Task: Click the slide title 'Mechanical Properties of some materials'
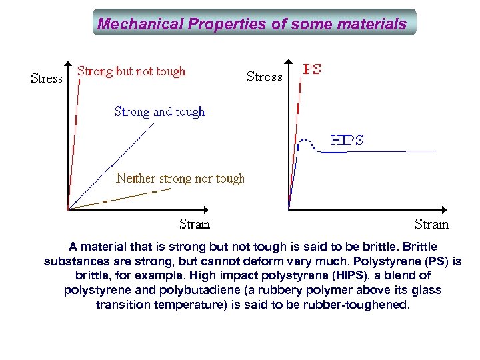[x=252, y=24]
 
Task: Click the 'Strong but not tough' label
[x=131, y=71]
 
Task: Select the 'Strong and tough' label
[x=160, y=111]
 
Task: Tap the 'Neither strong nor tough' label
[x=180, y=178]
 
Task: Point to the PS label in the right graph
[x=313, y=69]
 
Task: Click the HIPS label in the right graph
[x=347, y=140]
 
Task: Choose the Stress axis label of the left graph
[x=47, y=78]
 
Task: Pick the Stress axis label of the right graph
[x=264, y=77]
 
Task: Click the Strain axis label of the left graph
[x=195, y=224]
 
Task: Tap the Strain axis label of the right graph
[x=431, y=224]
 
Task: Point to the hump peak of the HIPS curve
[x=305, y=140]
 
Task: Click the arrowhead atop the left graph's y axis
[x=69, y=65]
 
